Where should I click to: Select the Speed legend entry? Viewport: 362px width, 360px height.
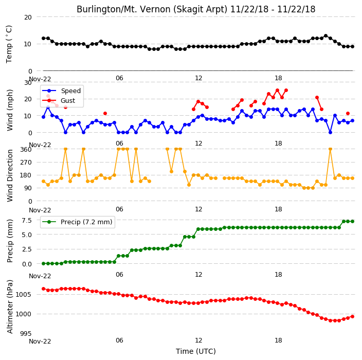point(61,91)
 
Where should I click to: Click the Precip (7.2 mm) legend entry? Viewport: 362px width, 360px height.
point(77,222)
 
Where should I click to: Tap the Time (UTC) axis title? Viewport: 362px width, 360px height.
point(196,351)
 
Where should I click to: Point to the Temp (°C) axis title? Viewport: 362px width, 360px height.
point(9,44)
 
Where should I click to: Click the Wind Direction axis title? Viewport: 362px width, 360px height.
point(9,175)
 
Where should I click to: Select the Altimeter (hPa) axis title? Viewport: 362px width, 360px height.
point(9,307)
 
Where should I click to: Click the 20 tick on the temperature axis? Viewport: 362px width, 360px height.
point(28,17)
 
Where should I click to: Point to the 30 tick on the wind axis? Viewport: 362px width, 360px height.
point(28,83)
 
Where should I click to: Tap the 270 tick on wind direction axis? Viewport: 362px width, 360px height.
point(26,163)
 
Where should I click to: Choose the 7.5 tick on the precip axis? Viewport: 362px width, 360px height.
point(27,220)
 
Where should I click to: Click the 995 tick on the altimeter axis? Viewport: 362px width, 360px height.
point(26,334)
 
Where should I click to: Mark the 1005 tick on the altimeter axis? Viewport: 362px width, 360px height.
point(24,294)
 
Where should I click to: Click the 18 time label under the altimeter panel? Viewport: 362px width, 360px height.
point(278,340)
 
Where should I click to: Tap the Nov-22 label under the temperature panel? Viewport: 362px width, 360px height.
point(40,79)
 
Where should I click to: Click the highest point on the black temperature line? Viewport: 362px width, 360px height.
point(326,36)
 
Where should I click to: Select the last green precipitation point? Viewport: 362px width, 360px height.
point(352,222)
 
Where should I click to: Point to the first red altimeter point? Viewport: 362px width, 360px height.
point(43,289)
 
